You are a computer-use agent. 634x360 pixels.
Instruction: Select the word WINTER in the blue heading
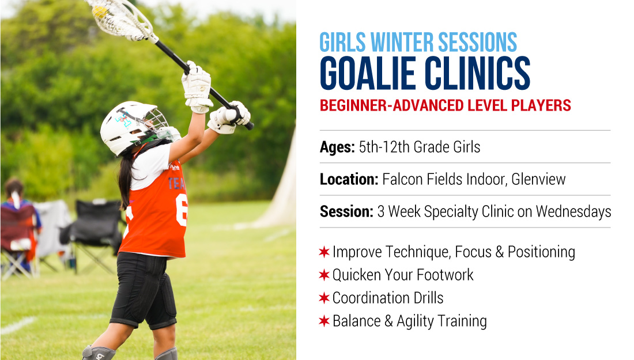point(402,42)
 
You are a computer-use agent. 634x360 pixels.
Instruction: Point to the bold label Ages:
point(337,147)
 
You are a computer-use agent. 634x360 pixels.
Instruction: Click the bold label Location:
point(349,179)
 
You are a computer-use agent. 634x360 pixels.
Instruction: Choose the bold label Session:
point(346,211)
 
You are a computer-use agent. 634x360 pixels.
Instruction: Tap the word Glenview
point(538,179)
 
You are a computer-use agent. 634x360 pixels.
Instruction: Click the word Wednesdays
point(573,211)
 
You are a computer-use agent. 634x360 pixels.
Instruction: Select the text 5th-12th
point(384,147)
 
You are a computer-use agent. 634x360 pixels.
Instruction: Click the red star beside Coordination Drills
point(324,298)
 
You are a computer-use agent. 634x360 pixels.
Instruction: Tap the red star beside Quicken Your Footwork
point(324,275)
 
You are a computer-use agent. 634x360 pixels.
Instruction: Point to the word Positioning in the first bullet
point(541,252)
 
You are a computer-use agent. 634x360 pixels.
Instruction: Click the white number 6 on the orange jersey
point(182,210)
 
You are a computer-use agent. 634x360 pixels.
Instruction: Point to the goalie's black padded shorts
point(144,289)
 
